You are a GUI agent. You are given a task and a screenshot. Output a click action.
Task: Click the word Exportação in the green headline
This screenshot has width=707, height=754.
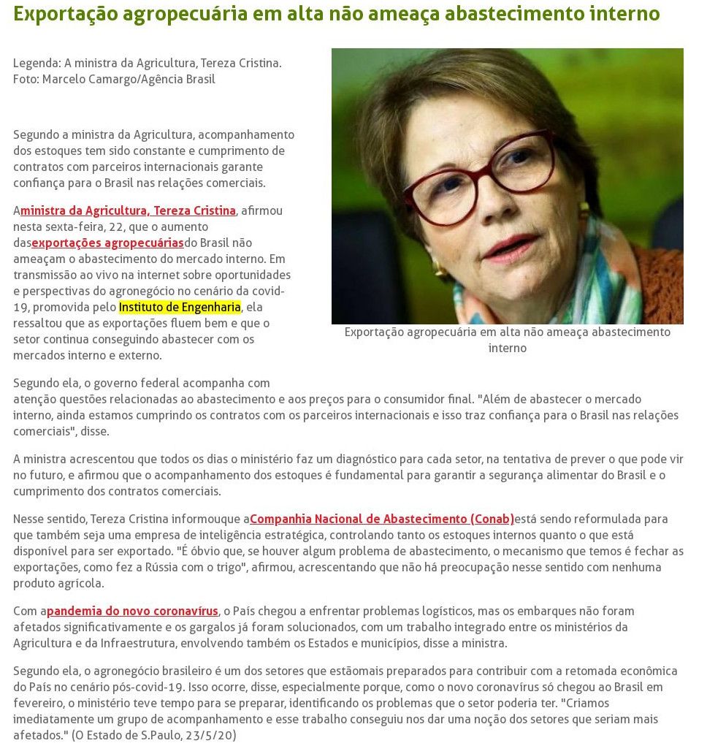63,14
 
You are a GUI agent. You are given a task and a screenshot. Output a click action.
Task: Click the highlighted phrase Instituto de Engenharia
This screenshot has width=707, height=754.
180,308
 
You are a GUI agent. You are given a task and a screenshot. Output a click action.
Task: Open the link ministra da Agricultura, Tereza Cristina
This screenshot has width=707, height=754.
128,211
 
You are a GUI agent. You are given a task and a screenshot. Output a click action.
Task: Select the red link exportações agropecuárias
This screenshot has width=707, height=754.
107,243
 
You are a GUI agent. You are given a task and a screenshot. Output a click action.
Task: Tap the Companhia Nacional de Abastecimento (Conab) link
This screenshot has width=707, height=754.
382,519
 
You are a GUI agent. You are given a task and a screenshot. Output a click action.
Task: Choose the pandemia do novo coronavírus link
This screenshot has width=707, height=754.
132,612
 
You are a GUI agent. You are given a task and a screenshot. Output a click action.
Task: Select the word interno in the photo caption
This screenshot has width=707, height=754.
507,349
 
